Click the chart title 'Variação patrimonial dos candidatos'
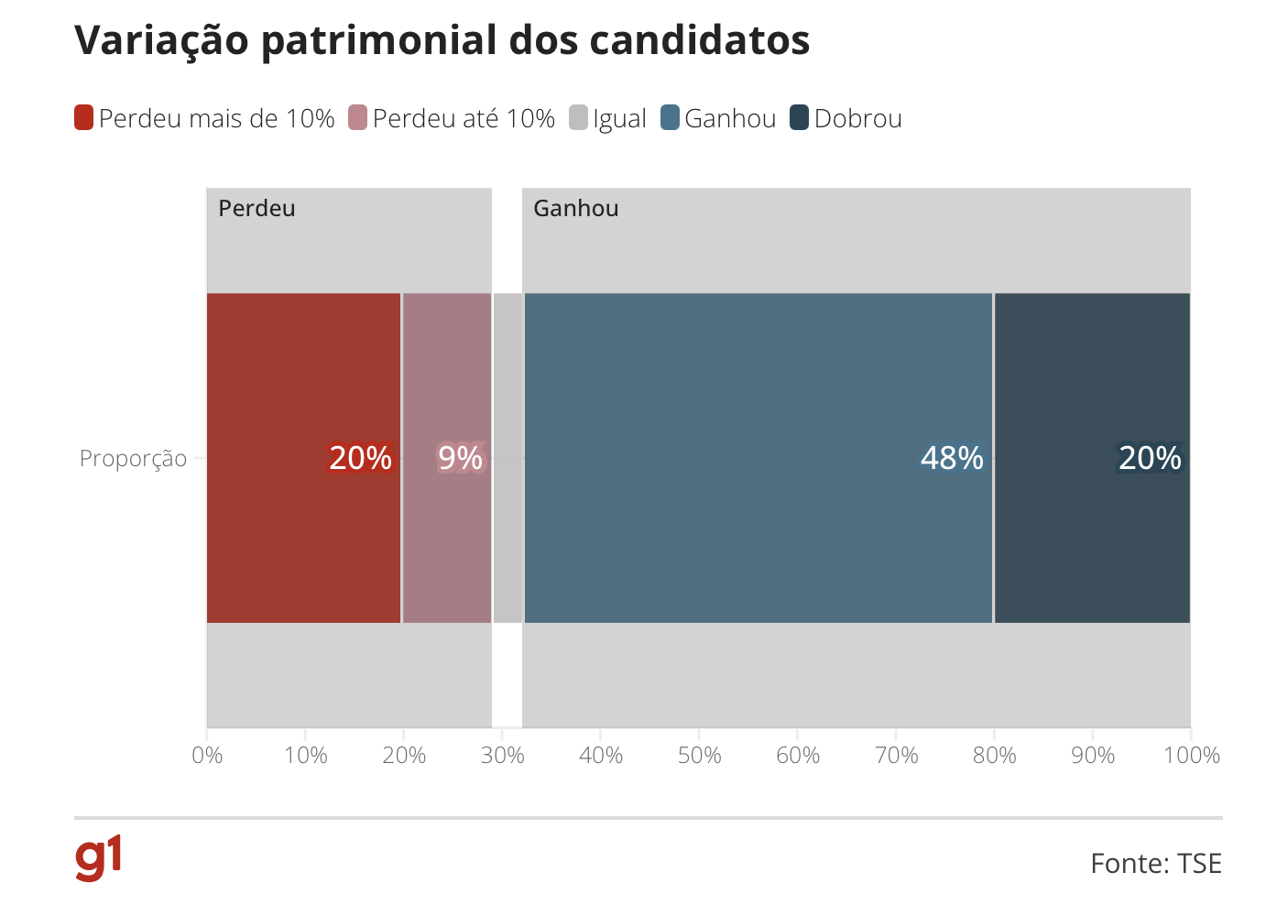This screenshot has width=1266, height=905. point(442,41)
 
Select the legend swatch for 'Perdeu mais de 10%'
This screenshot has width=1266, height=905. point(84,118)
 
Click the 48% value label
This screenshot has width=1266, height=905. point(952,458)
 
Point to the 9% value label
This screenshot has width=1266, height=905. point(460,458)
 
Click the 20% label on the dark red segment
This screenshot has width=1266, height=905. point(360,458)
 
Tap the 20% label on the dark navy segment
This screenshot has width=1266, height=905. point(1150,458)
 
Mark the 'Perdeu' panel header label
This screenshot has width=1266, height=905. point(257,209)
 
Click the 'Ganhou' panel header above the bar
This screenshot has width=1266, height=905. point(576,209)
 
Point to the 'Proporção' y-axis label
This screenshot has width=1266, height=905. point(133,458)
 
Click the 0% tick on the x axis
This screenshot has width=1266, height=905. point(208,756)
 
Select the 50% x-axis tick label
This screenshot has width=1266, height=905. point(699,756)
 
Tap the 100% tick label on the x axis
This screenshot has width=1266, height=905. point(1191,756)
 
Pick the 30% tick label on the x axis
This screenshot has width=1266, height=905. point(502,756)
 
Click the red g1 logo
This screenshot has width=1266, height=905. point(98,858)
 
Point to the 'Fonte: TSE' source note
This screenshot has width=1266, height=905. point(1155,864)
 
